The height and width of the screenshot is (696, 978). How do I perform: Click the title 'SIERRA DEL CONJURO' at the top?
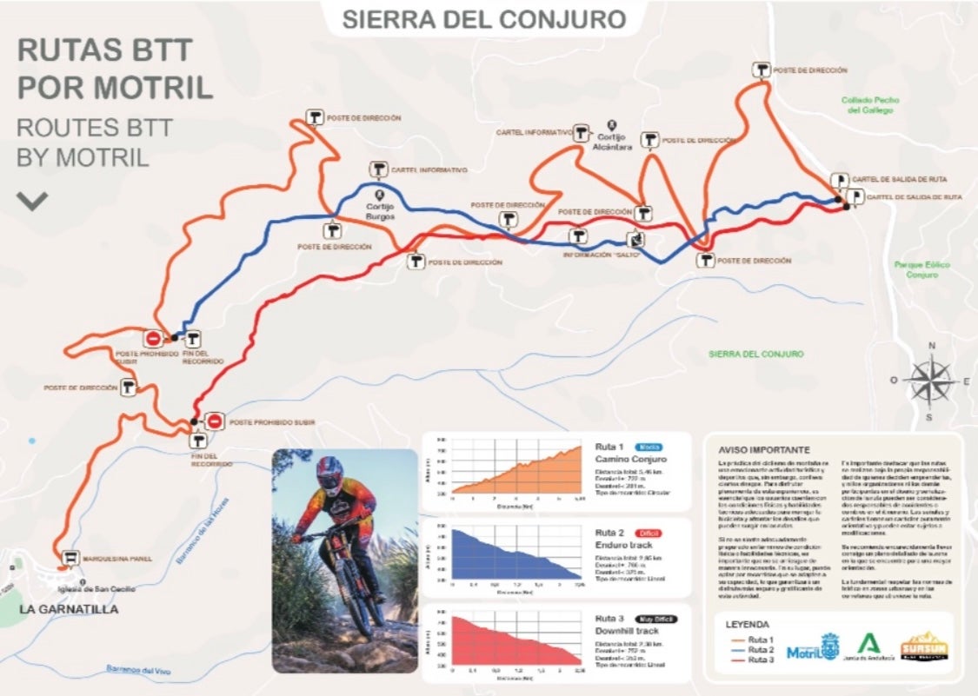[x=484, y=19]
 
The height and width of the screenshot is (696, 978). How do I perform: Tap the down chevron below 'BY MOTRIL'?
[x=33, y=202]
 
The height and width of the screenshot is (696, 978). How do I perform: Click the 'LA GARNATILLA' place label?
[x=69, y=609]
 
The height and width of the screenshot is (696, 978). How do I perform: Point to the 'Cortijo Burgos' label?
[x=381, y=210]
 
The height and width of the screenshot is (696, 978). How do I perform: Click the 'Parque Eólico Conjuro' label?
[x=921, y=269]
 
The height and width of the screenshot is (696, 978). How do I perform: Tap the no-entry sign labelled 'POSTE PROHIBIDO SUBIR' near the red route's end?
[x=215, y=421]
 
